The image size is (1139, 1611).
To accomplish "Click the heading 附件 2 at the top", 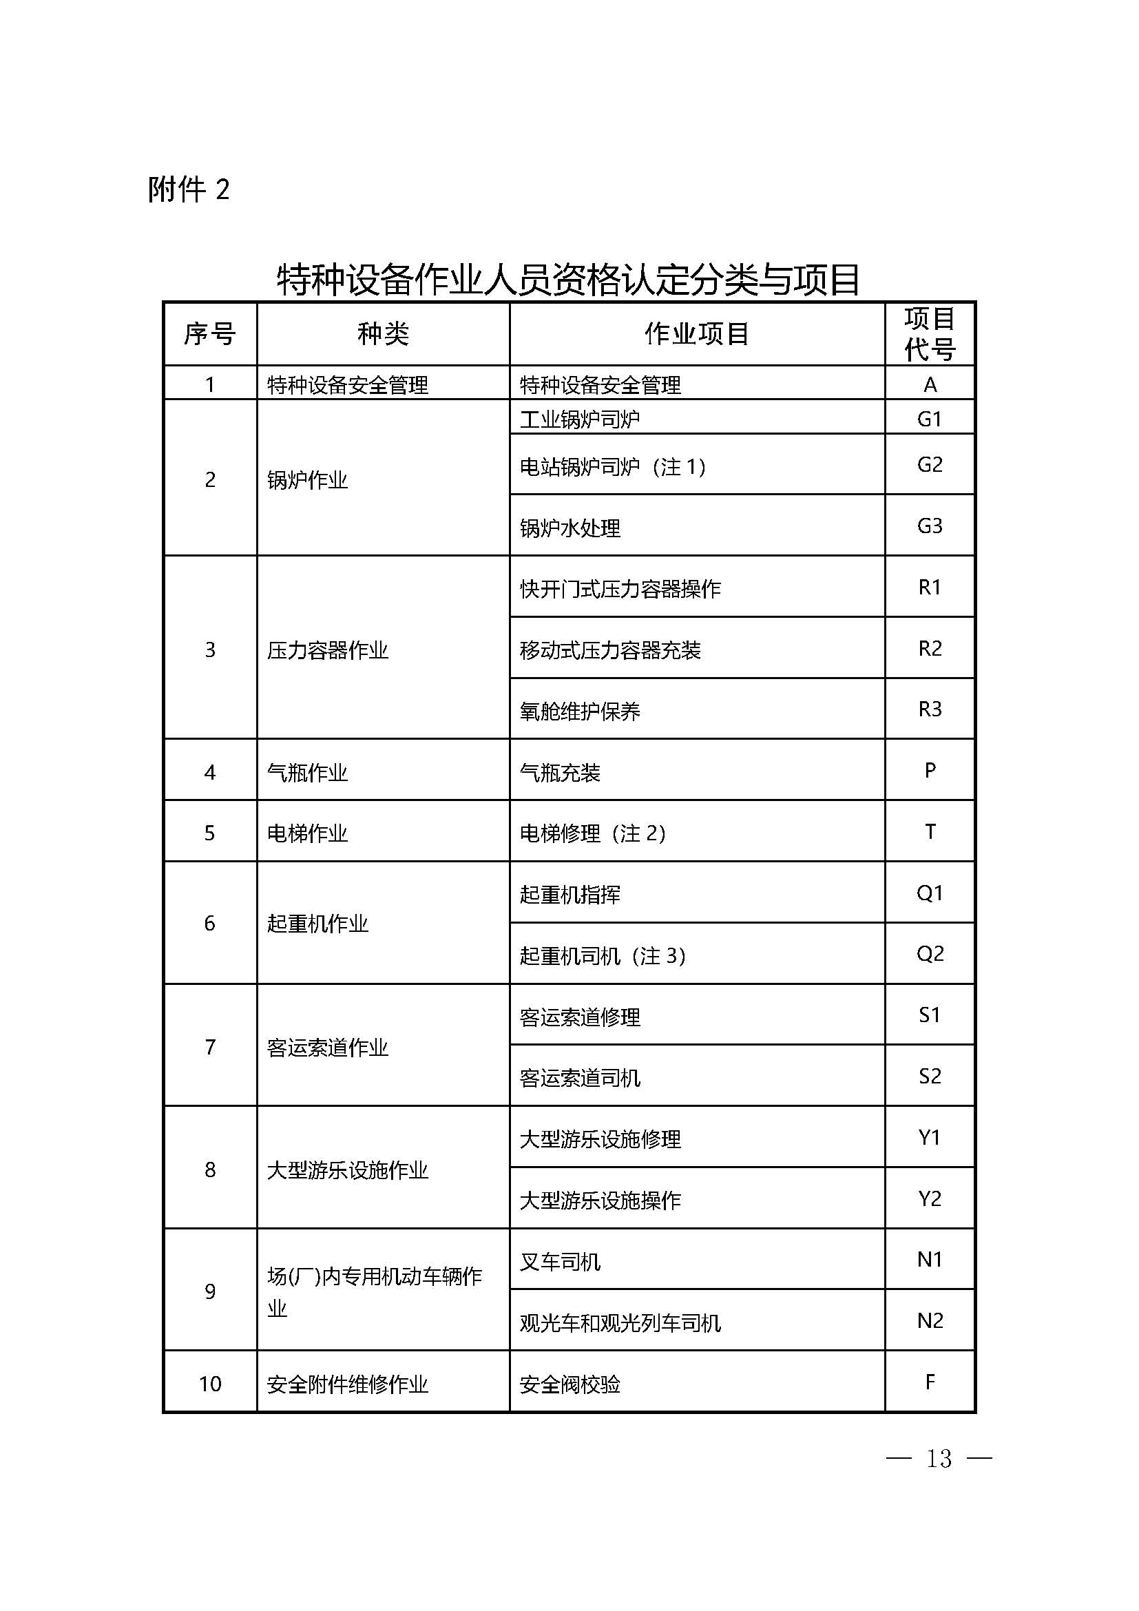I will tap(189, 189).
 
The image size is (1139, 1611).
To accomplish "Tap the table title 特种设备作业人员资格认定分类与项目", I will tap(568, 279).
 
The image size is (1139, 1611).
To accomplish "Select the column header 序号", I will tap(210, 334).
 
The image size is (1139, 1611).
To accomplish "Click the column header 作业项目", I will tap(696, 334).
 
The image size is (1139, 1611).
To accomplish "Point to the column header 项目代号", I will tap(929, 334).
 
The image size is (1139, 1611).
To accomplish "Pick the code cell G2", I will tap(929, 464).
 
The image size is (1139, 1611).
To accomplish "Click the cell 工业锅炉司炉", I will tap(579, 419).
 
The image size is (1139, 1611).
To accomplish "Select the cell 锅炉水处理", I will tap(569, 528).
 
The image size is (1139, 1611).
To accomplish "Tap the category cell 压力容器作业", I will tap(328, 650).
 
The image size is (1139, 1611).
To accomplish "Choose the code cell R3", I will tap(929, 709).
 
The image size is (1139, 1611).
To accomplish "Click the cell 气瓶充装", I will tap(560, 773).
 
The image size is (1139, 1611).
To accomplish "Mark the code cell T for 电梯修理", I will tap(929, 832).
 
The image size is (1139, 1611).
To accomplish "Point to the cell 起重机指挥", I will tap(569, 895).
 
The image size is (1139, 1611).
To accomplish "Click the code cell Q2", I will tap(929, 954).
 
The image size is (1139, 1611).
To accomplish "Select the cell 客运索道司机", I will tap(579, 1078).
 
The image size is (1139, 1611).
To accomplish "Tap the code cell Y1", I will tap(929, 1137).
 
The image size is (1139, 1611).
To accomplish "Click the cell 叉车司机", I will tap(560, 1262).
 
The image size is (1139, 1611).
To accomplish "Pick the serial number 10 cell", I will tap(210, 1384).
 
